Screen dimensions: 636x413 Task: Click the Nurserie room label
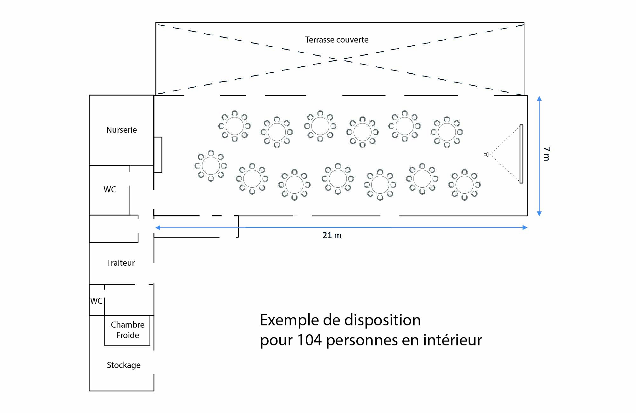pyautogui.click(x=121, y=130)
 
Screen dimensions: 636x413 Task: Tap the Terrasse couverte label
pyautogui.click(x=337, y=40)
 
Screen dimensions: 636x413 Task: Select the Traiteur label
pyautogui.click(x=120, y=263)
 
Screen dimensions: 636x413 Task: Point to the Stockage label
pyautogui.click(x=124, y=365)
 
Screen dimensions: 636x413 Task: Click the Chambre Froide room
pyautogui.click(x=127, y=330)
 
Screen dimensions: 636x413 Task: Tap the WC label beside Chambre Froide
pyautogui.click(x=96, y=301)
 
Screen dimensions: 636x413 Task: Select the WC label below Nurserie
pyautogui.click(x=110, y=190)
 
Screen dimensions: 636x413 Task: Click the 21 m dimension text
pyautogui.click(x=332, y=235)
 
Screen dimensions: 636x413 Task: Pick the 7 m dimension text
pyautogui.click(x=547, y=154)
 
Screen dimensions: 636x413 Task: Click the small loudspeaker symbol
pyautogui.click(x=486, y=155)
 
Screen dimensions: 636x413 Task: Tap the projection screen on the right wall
pyautogui.click(x=521, y=154)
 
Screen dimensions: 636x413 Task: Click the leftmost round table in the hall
pyautogui.click(x=211, y=166)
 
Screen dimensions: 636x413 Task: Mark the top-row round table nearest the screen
pyautogui.click(x=447, y=132)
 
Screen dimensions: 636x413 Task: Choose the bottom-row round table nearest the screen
pyautogui.click(x=464, y=185)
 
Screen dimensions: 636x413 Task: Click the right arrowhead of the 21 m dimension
pyautogui.click(x=525, y=227)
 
